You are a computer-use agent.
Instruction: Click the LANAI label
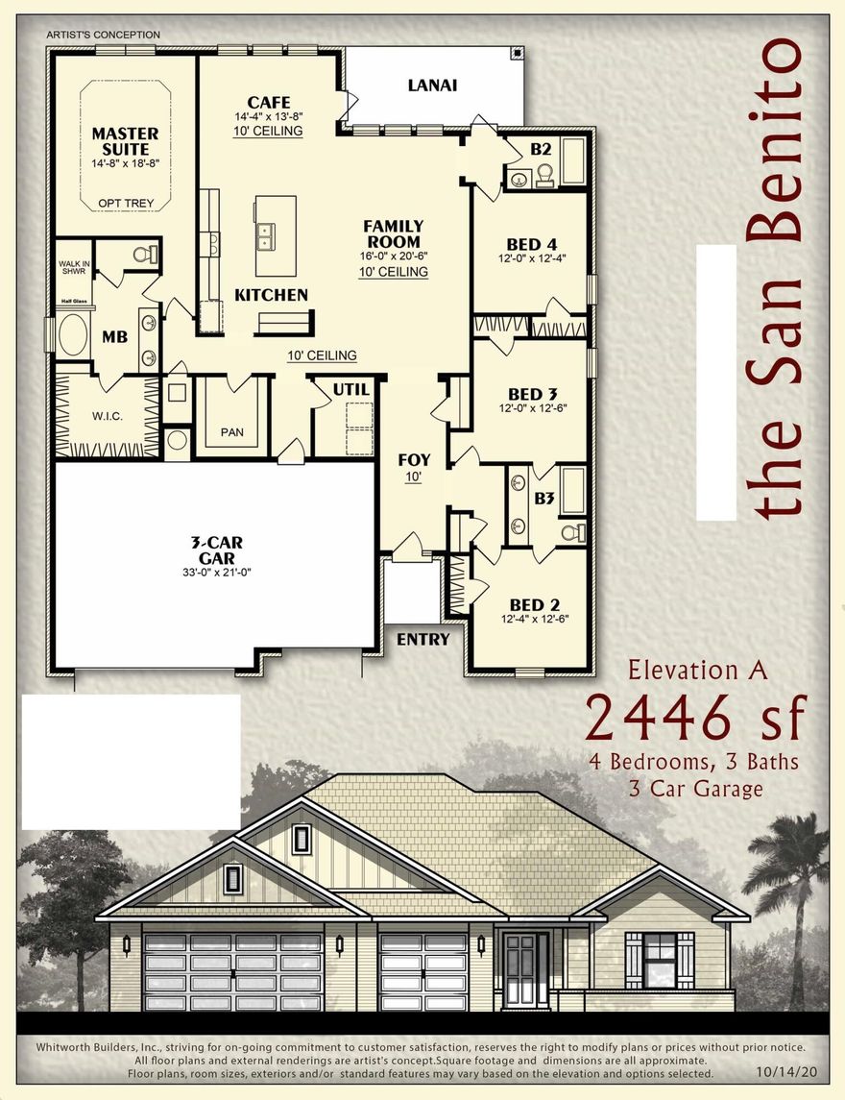[x=432, y=85]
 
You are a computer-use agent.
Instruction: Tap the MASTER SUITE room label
[x=125, y=141]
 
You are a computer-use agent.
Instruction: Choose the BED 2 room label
[x=534, y=604]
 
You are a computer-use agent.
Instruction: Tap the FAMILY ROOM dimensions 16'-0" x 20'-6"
[x=393, y=257]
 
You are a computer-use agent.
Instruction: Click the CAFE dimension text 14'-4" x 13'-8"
[x=268, y=116]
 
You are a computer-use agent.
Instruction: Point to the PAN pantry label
[x=231, y=432]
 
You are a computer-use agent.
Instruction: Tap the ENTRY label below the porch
[x=422, y=639]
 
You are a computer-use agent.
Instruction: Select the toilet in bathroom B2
[x=543, y=174]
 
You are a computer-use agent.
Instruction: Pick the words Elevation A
[x=697, y=670]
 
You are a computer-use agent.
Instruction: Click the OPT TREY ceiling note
[x=125, y=204]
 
